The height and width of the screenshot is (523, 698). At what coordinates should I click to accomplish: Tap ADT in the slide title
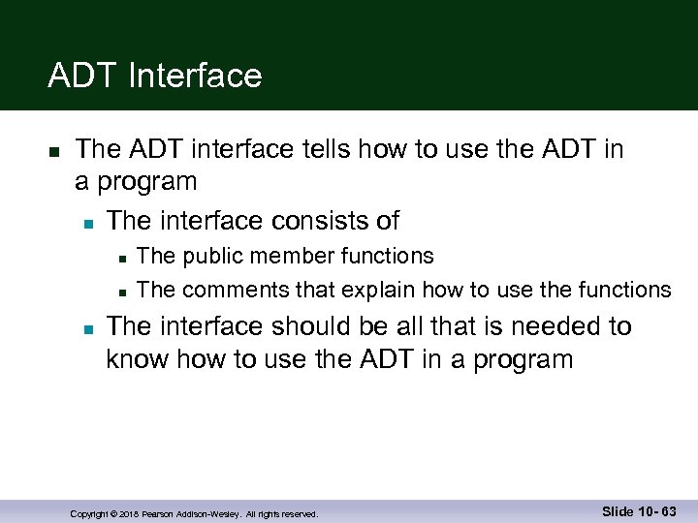79,76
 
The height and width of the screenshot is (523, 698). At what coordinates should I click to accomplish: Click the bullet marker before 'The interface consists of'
87,224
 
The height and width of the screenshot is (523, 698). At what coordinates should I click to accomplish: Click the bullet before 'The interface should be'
87,329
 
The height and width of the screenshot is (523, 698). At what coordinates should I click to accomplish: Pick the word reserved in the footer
297,513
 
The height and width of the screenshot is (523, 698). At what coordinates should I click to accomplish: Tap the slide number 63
667,511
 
